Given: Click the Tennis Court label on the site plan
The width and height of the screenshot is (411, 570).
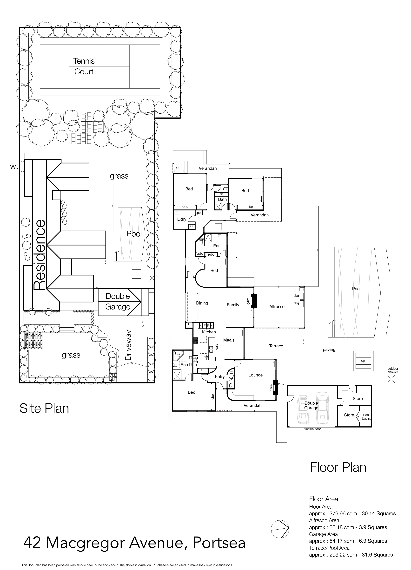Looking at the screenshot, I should (x=84, y=66).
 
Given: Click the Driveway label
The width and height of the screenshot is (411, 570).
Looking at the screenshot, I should (x=128, y=345).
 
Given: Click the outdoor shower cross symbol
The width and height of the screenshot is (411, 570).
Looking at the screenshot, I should (x=391, y=379).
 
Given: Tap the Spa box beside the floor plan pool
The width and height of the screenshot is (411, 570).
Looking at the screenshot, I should (x=364, y=361).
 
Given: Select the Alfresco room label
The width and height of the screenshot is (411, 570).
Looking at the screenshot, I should (x=277, y=307).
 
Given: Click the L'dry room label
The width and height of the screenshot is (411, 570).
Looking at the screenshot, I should (x=182, y=219).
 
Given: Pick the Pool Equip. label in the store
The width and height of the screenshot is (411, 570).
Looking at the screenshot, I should (x=366, y=417).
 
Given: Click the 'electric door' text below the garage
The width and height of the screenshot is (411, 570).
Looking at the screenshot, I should (x=312, y=429).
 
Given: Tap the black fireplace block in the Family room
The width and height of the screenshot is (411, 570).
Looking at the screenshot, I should (x=255, y=301).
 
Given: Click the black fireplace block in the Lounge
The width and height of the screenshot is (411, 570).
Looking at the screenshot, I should (x=276, y=388).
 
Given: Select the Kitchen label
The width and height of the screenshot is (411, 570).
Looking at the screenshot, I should (x=209, y=332).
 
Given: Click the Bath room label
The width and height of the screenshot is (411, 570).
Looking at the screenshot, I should (x=222, y=199).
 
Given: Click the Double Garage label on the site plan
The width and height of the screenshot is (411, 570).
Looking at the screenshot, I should (x=118, y=301).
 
